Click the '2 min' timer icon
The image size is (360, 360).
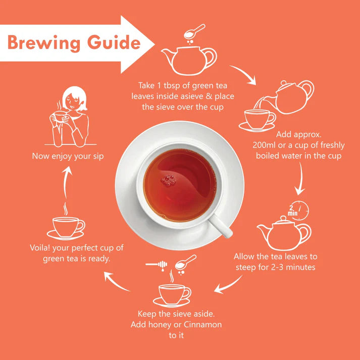click(297, 209)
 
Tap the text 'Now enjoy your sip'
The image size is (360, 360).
click(68, 156)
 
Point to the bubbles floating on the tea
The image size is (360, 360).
click(167, 179)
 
